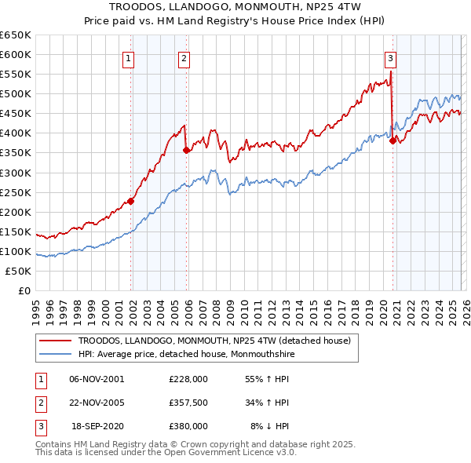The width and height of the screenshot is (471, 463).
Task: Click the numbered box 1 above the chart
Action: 128,57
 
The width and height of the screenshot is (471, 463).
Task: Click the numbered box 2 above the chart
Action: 184,57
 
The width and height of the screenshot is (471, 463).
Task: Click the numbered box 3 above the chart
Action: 390,57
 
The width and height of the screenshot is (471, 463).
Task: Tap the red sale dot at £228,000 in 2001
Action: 131,201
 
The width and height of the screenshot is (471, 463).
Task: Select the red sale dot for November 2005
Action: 187,150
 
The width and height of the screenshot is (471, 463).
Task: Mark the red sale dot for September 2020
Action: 392,141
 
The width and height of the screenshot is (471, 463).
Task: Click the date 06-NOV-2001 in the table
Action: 97,379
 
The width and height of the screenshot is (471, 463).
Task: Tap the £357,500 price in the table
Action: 188,403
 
